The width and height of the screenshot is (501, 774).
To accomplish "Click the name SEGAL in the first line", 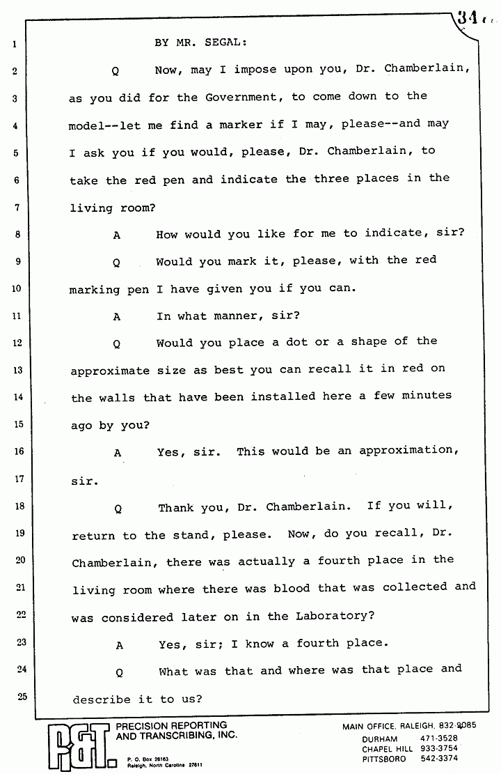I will [225, 42].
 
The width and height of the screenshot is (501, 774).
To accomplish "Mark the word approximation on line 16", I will [406, 451].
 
